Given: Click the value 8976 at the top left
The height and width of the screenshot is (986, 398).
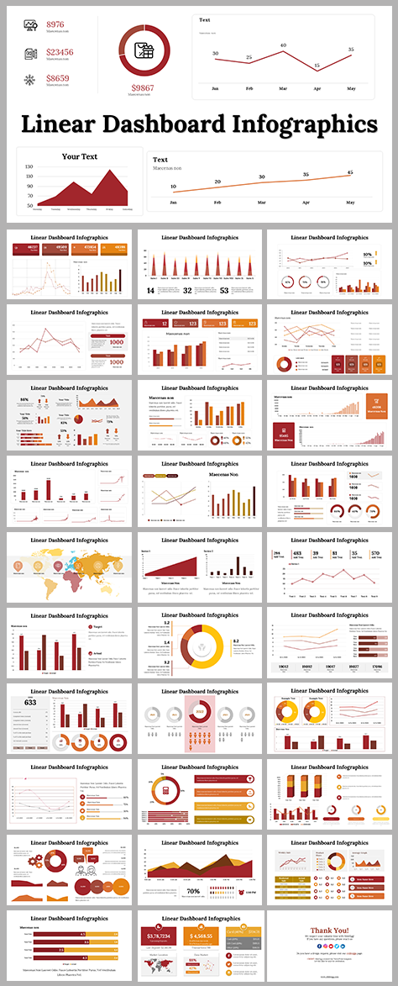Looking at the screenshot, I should pos(55,24).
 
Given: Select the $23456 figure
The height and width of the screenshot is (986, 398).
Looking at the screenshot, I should pos(60,52).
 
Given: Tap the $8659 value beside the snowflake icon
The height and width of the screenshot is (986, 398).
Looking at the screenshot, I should pos(58,78).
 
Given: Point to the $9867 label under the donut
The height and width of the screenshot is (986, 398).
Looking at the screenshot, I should pos(143,87).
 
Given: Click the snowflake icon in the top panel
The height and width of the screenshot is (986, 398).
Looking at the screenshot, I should pos(30,80).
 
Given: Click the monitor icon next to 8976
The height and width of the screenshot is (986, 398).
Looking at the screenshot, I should pos(30,26).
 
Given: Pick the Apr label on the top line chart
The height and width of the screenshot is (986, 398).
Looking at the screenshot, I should pos(317,88).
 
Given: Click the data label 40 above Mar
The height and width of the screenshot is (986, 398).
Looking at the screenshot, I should pos(284,45).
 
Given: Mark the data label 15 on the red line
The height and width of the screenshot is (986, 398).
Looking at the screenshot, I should pos(317,65).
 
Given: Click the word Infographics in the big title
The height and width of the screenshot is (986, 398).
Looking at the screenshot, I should pos(310,124).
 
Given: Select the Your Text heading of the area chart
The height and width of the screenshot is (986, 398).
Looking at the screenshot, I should pos(80,156).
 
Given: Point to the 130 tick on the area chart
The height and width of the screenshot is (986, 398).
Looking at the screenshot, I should pos(29,166).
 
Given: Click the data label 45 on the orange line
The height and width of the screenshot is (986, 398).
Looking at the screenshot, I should pos(350,172).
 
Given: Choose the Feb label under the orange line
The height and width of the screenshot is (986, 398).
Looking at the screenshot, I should pos(217,203).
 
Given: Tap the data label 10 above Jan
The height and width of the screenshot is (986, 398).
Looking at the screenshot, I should pos(174,187).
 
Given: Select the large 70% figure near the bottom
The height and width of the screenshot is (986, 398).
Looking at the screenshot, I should pos(193,890).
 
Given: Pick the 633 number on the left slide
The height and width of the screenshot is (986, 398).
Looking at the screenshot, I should pos(30,704).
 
